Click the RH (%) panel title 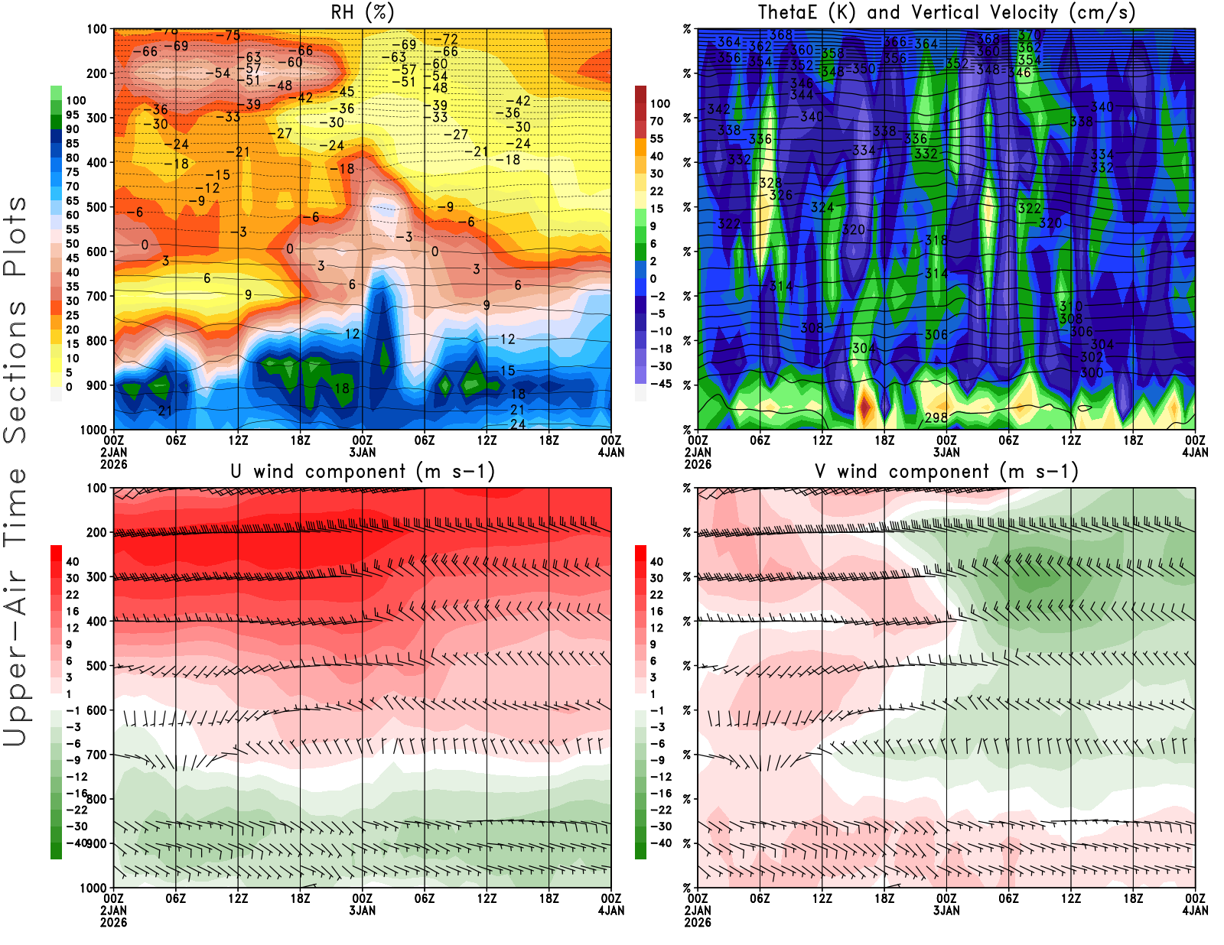[363, 13]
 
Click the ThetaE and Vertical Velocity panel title [946, 13]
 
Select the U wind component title [363, 472]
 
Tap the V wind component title [946, 472]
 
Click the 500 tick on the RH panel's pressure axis [97, 207]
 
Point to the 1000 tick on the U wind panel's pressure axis [93, 888]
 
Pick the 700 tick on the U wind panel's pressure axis [97, 755]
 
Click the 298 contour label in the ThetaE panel [936, 417]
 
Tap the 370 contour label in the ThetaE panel [1029, 35]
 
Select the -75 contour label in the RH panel [227, 35]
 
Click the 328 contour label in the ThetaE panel [770, 183]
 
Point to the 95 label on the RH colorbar [73, 115]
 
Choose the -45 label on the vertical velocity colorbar [661, 384]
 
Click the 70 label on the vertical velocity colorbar [656, 121]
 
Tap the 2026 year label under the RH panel [114, 464]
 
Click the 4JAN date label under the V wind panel [1195, 911]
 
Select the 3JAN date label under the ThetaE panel [946, 452]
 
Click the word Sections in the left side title [15, 371]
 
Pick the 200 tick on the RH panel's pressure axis [97, 73]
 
